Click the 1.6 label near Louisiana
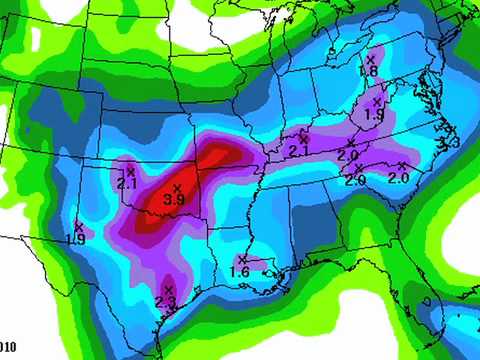click(240, 272)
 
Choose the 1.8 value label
click(368, 72)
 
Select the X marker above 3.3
click(450, 131)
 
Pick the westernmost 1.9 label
click(75, 239)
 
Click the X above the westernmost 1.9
click(78, 227)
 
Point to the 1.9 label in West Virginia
click(375, 115)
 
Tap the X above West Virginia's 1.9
click(377, 102)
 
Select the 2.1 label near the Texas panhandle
click(127, 184)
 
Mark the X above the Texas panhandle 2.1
click(130, 172)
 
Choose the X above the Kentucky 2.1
click(302, 139)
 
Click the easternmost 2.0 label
click(399, 178)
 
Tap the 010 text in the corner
click(8, 346)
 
